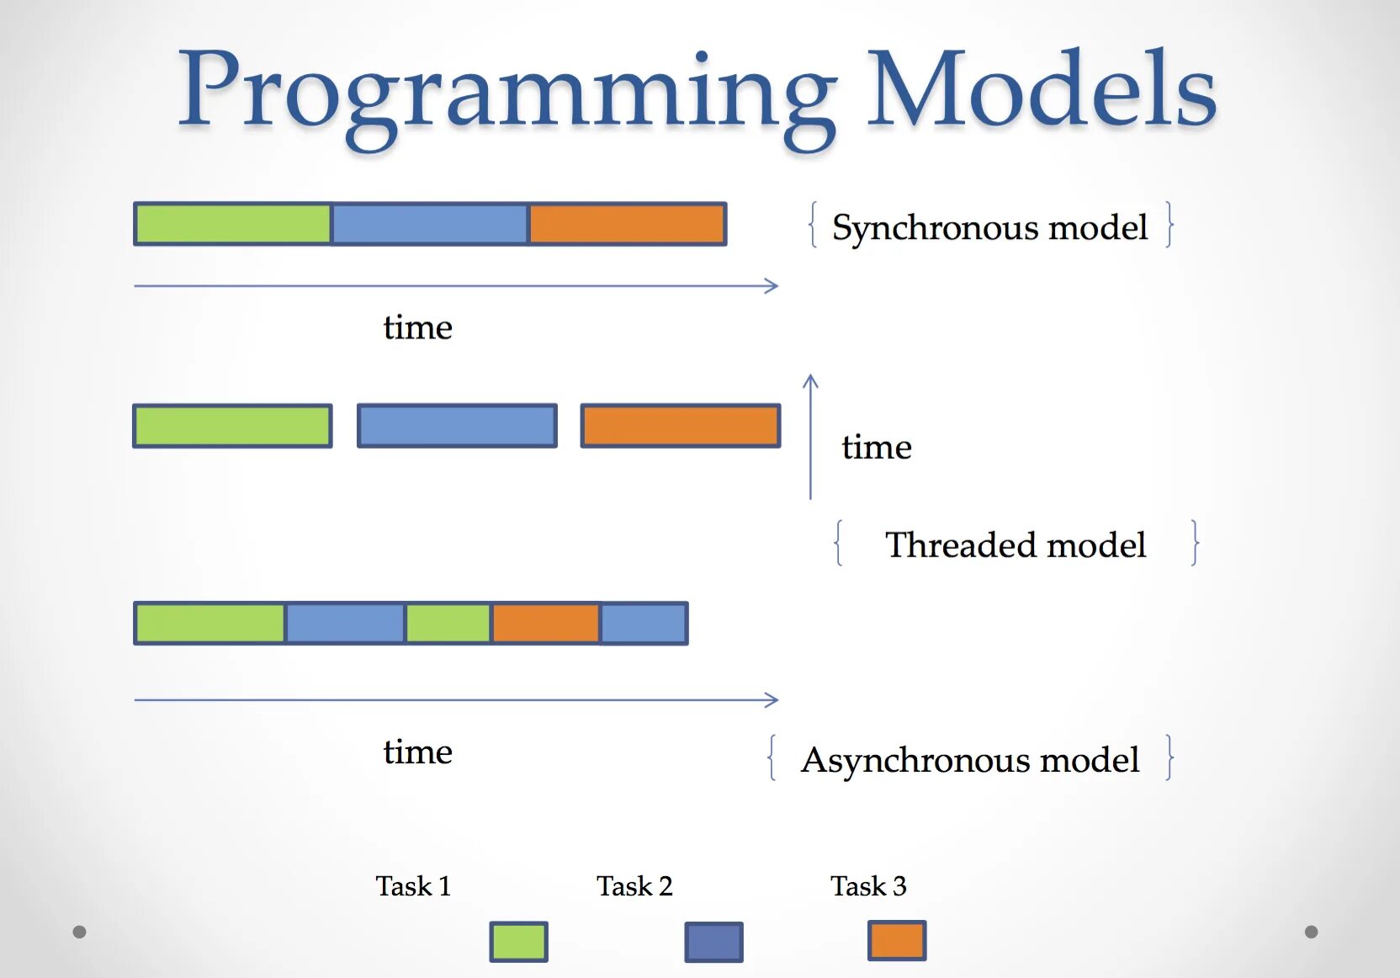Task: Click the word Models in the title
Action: point(1042,88)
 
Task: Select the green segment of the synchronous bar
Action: point(232,224)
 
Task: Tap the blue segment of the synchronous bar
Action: point(430,224)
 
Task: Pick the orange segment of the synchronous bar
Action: point(628,224)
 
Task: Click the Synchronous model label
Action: point(990,226)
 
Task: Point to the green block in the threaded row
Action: point(232,426)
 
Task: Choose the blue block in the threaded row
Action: point(457,426)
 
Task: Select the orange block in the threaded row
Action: point(681,426)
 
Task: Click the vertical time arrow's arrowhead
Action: point(810,376)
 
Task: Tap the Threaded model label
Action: point(1016,544)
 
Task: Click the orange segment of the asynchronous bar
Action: point(546,623)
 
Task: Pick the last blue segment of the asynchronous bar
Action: point(644,623)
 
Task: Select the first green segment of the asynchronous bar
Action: point(210,623)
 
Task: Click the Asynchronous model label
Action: point(971,760)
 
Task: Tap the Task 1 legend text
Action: point(413,885)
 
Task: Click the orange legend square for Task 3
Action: point(897,940)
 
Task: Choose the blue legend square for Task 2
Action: point(713,941)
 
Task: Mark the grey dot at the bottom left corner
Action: point(79,932)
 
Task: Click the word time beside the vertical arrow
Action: point(877,446)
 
